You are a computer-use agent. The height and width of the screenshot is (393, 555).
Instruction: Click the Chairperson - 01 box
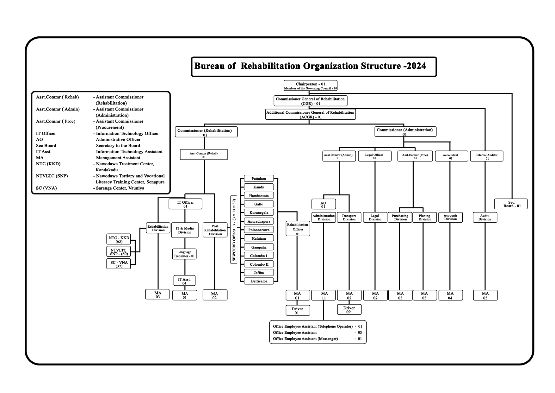click(x=310, y=86)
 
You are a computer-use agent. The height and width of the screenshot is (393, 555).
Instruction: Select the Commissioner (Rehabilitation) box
click(x=206, y=132)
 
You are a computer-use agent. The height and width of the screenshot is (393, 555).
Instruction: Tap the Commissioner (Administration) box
click(x=405, y=132)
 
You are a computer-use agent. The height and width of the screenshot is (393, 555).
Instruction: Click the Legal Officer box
click(x=374, y=156)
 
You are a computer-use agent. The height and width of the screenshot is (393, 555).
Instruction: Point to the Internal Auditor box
click(x=487, y=156)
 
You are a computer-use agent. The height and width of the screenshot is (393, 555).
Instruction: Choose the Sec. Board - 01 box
click(x=511, y=204)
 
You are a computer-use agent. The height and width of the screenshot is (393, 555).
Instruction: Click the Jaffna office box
click(x=259, y=273)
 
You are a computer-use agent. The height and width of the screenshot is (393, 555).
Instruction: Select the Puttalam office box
click(x=259, y=179)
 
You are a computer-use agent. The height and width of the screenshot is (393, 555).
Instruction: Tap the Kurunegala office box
click(x=259, y=212)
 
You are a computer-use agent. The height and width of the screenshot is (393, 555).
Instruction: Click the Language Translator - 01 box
click(x=184, y=254)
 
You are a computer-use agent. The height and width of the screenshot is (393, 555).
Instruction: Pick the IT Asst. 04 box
click(x=184, y=281)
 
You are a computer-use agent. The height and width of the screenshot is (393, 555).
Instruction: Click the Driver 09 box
click(x=349, y=309)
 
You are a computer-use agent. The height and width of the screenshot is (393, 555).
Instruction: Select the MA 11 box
click(x=324, y=295)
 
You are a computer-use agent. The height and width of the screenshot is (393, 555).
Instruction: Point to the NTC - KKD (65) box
click(x=119, y=239)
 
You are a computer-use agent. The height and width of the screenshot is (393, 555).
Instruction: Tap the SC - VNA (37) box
click(x=119, y=264)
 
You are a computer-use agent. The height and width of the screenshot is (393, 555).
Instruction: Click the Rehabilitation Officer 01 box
click(x=298, y=229)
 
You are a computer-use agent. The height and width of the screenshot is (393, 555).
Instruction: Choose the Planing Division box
click(x=424, y=217)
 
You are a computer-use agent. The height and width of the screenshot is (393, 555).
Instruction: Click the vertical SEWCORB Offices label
click(x=234, y=230)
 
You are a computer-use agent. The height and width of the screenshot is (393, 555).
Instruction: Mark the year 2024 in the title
click(x=417, y=66)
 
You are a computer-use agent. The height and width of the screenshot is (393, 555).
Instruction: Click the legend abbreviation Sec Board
click(x=46, y=146)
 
